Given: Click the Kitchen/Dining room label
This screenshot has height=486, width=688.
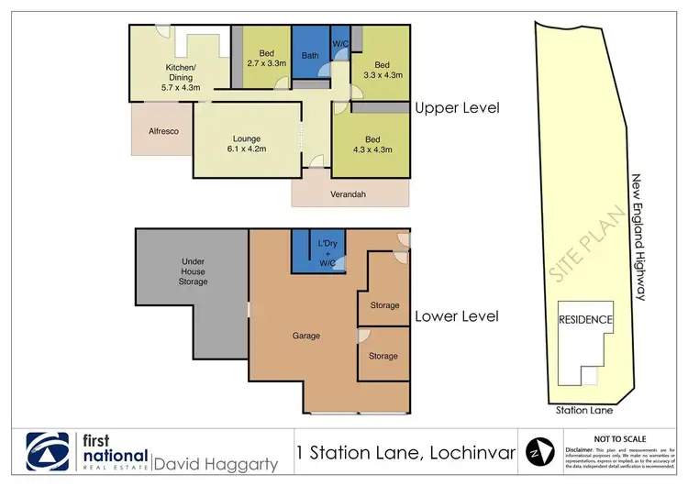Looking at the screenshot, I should (181, 78).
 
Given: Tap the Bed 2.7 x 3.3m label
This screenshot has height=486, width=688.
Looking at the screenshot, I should (266, 56).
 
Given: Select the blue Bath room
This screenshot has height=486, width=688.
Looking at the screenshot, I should (310, 55).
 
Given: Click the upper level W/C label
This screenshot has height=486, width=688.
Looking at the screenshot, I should (339, 43).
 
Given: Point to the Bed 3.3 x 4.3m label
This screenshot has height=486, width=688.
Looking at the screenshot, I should (383, 70).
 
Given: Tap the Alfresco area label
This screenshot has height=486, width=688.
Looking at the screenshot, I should (162, 131).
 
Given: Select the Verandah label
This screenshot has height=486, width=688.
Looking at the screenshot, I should (349, 193).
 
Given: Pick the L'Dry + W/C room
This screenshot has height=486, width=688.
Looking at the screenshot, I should (327, 251).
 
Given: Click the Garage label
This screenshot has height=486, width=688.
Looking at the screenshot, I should (306, 336).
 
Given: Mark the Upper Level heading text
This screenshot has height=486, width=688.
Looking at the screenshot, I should (457, 107).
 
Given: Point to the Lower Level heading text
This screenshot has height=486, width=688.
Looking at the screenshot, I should (457, 316).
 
